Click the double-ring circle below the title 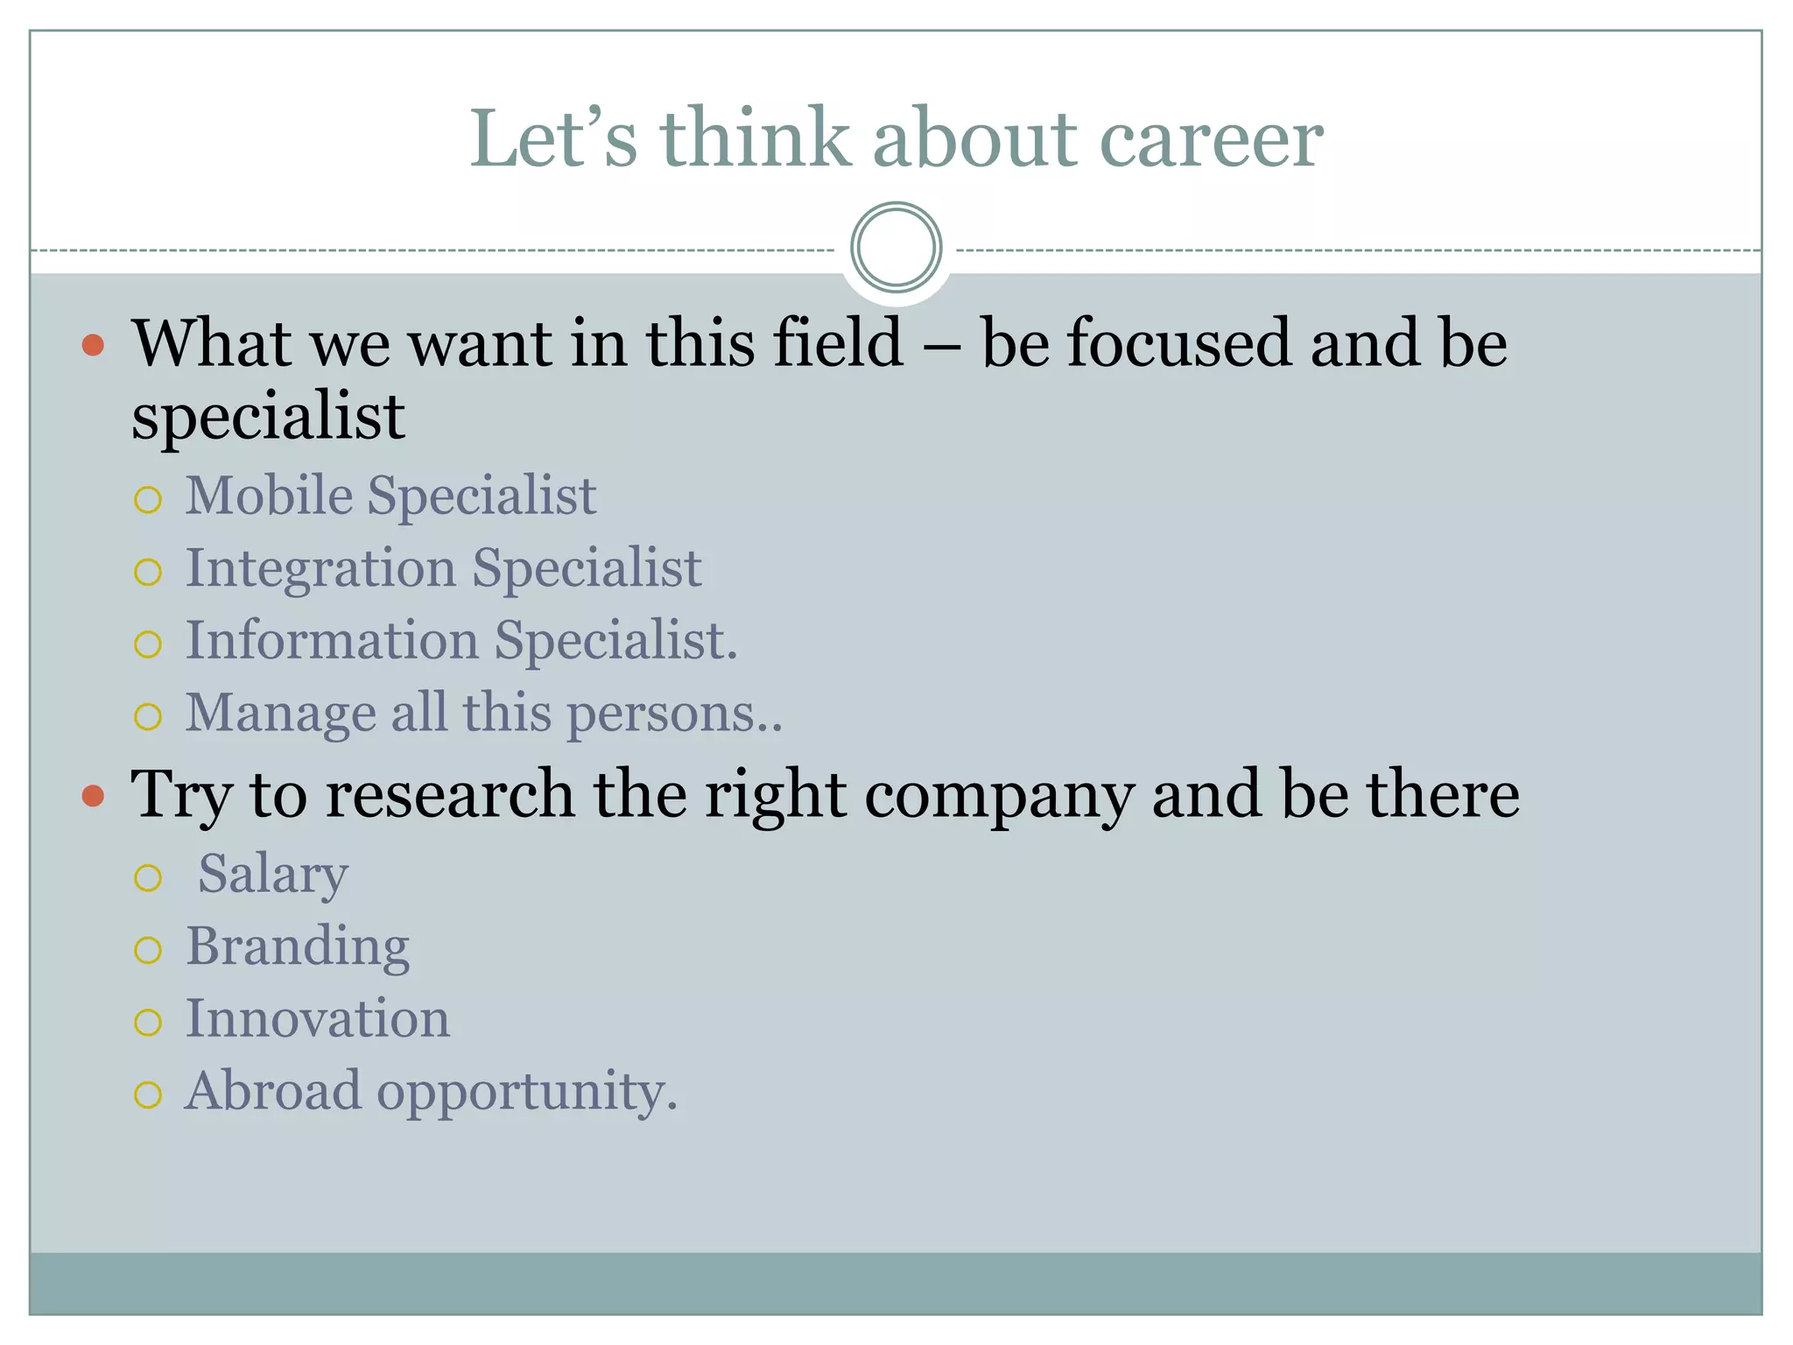[896, 247]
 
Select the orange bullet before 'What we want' [93, 345]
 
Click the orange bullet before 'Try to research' [93, 796]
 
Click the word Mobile [269, 496]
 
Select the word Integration [320, 569]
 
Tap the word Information [332, 640]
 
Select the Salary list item [272, 875]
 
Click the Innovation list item [318, 1019]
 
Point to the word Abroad [272, 1091]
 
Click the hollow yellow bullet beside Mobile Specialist [148, 500]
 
